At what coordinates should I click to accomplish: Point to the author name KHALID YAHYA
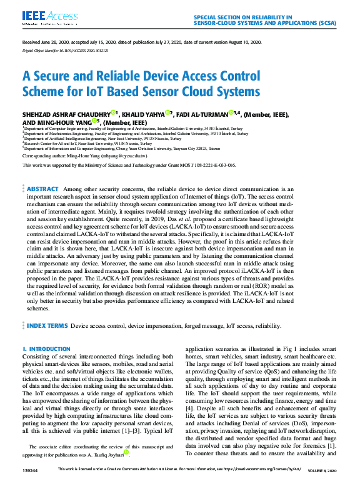(x=142, y=115)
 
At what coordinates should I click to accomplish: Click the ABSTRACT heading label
(x=42, y=189)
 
